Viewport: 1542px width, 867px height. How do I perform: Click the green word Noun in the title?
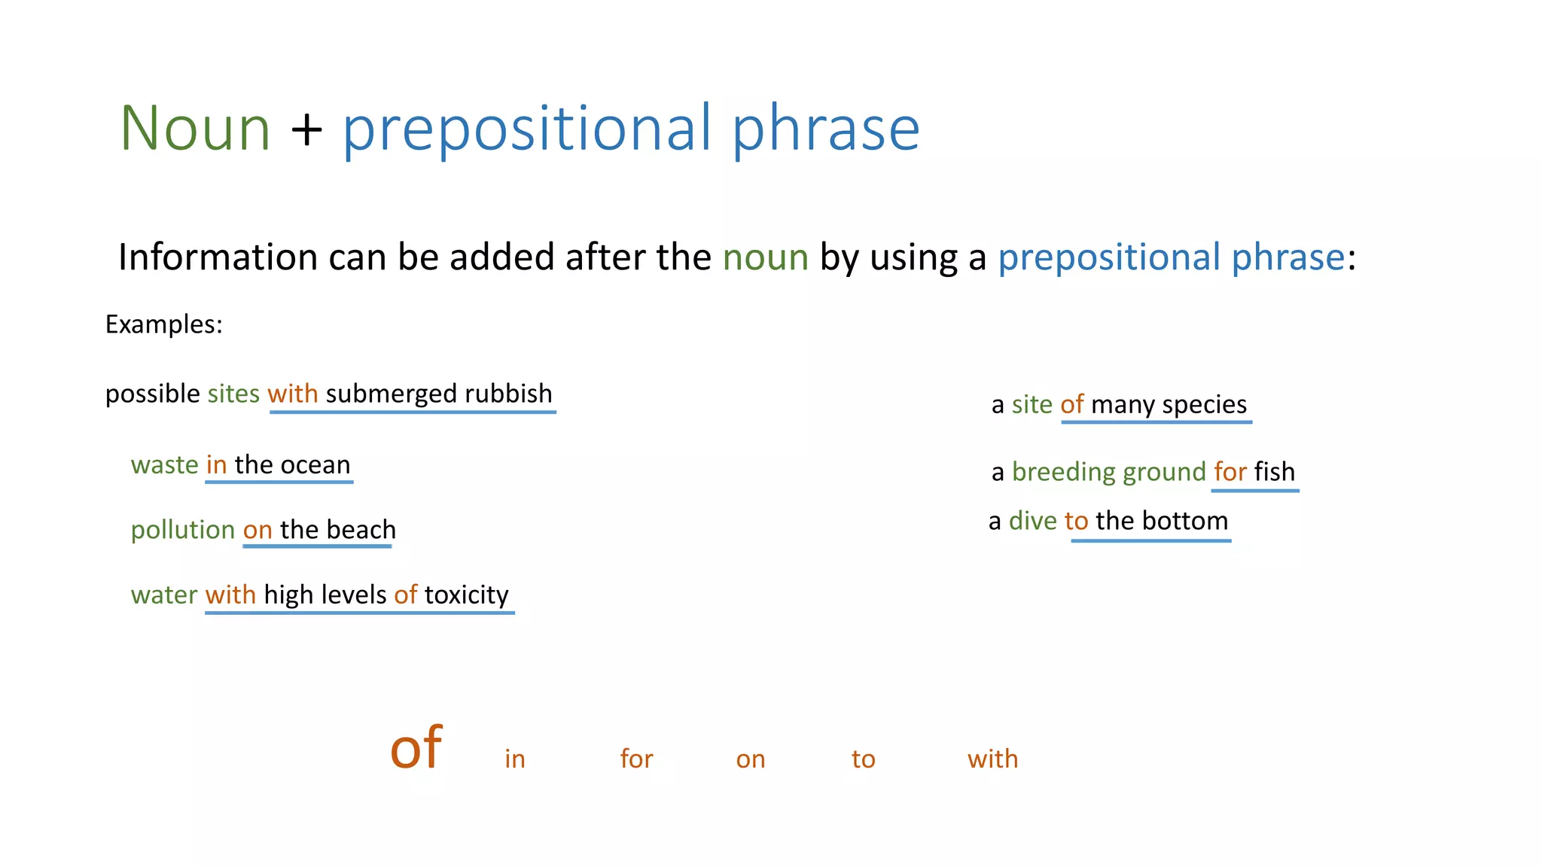click(195, 129)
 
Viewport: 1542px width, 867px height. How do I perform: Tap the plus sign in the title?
click(306, 129)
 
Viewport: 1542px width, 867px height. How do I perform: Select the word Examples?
click(163, 324)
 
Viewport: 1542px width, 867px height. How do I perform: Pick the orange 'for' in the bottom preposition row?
click(636, 759)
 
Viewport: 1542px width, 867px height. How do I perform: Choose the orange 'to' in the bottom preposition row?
click(863, 759)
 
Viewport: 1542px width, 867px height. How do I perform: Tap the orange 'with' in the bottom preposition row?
click(992, 759)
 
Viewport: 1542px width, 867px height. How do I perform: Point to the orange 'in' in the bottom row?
click(515, 759)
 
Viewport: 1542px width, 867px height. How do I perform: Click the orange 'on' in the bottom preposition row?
click(750, 759)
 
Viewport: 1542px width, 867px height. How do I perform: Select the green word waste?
click(164, 465)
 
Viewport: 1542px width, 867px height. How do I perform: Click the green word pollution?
click(183, 530)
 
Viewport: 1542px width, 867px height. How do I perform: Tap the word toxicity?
click(466, 595)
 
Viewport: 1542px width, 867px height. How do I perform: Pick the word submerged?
click(391, 394)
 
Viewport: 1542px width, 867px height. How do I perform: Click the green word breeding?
click(1063, 472)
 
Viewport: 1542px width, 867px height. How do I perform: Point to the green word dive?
click(1032, 521)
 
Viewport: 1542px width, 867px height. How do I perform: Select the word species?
click(1204, 405)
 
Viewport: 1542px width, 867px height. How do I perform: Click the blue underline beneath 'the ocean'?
click(279, 482)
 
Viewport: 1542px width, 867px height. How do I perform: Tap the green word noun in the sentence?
click(765, 257)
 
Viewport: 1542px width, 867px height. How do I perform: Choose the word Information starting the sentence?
click(218, 257)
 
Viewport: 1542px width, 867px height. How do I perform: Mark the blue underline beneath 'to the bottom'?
click(1150, 540)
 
